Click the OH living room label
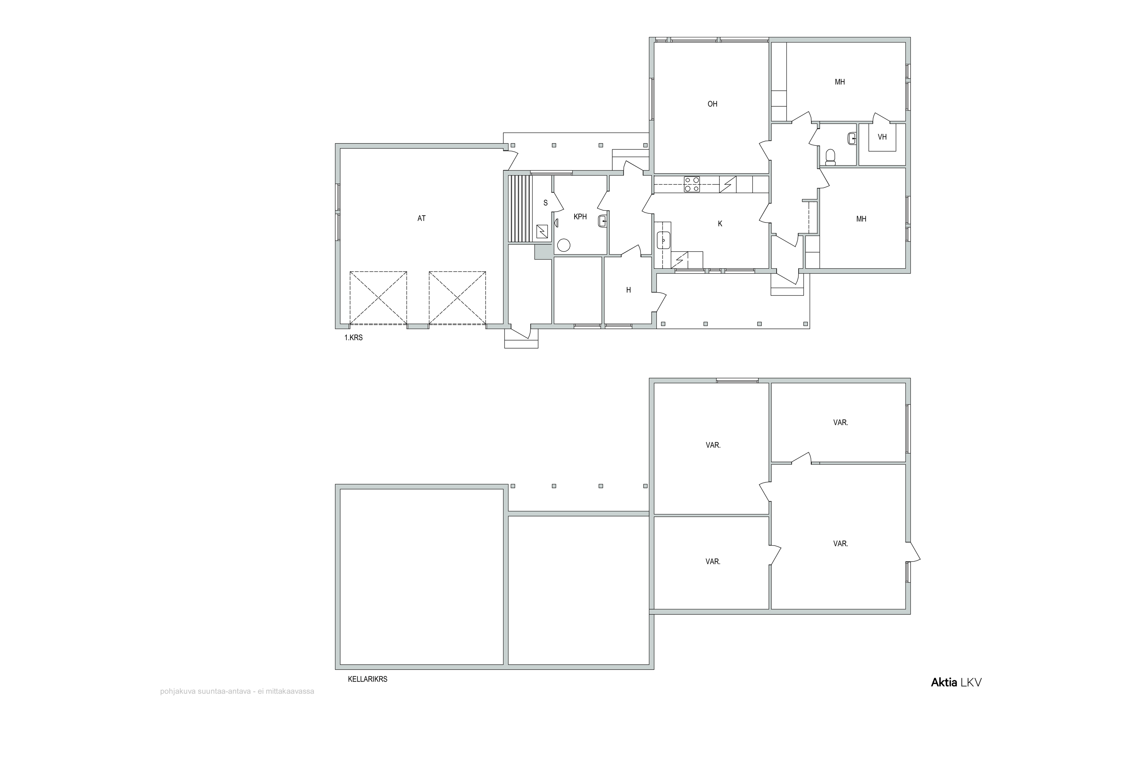[712, 104]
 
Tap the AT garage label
[421, 219]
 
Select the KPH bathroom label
[580, 217]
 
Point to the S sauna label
[546, 203]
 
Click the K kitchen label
[720, 224]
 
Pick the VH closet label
[882, 137]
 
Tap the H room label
[628, 290]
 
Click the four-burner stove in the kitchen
[692, 184]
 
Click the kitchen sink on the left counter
[663, 240]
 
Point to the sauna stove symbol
[542, 231]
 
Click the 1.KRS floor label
[354, 338]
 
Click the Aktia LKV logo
[956, 682]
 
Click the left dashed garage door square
[378, 298]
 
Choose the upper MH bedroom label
[840, 82]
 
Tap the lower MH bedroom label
[861, 219]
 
